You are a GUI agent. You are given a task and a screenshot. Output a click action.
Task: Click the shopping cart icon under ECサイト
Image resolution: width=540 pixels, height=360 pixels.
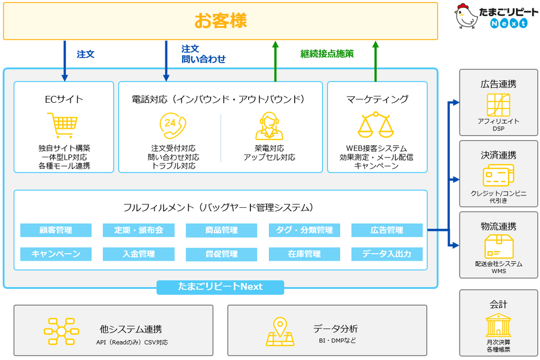(62, 125)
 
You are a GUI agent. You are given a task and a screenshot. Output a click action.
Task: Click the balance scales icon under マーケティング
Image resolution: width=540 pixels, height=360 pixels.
(377, 125)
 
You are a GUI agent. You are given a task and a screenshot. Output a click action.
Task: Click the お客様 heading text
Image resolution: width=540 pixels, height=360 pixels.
(220, 21)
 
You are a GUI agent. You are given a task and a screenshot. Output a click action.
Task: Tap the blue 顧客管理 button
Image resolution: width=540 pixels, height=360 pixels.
(56, 230)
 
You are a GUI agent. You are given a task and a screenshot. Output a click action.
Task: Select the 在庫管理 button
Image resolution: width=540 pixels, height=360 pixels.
(304, 254)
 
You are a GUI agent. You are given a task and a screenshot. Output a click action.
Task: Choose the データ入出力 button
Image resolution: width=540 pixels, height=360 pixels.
(387, 254)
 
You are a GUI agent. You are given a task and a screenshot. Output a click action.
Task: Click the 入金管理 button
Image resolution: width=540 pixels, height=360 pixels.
(138, 254)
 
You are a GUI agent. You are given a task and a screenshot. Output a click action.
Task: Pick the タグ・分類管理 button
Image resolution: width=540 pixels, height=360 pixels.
(304, 230)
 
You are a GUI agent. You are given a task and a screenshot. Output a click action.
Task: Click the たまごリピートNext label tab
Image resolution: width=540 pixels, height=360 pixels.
(220, 287)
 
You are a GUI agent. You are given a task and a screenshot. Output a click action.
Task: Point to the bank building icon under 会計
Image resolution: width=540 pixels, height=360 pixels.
(498, 326)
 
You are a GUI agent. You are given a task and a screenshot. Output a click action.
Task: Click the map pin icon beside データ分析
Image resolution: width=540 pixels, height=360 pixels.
(280, 332)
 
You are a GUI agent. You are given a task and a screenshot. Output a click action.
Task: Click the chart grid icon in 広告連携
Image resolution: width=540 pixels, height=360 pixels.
(498, 104)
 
